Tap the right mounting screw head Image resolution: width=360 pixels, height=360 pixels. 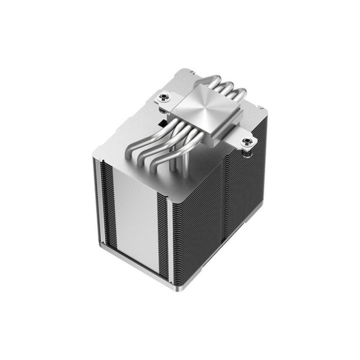(x=245, y=143)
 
